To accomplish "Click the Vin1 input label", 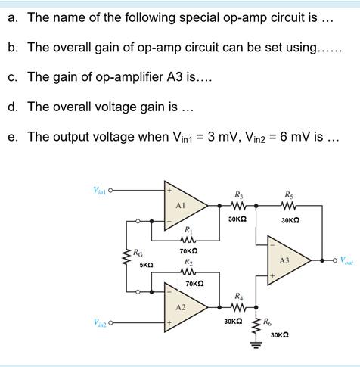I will coord(101,189).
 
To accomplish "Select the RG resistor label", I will coord(138,253).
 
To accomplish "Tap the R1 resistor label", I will coord(189,229).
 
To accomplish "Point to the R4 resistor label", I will coord(239,295).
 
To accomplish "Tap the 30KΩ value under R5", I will coord(290,220).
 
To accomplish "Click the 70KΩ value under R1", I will coord(189,250).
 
